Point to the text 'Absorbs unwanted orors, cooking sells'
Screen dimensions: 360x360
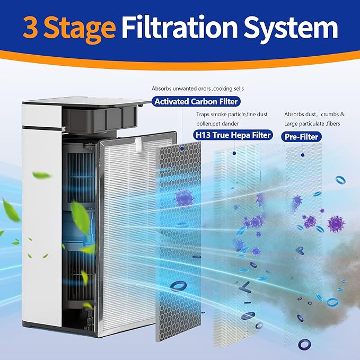pos(198,88)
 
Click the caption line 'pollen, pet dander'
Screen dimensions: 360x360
pos(214,124)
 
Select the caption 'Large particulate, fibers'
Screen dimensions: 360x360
pos(312,124)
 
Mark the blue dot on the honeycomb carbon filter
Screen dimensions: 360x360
pos(182,150)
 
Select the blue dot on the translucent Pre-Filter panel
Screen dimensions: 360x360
pos(303,155)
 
